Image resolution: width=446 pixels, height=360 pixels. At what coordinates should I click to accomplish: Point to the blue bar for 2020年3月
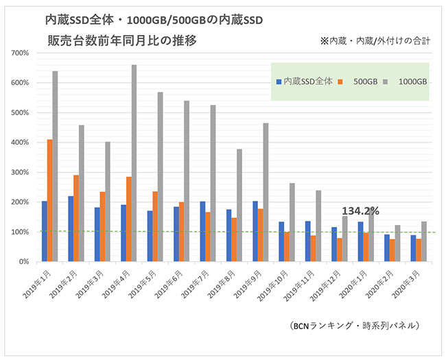click(x=414, y=248)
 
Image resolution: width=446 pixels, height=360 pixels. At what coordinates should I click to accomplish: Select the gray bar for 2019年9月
click(x=266, y=193)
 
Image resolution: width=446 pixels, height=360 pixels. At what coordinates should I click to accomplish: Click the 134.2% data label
click(x=360, y=211)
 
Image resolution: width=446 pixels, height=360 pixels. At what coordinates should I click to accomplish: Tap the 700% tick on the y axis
click(x=19, y=53)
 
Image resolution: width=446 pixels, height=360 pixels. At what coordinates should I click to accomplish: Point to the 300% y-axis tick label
click(x=19, y=172)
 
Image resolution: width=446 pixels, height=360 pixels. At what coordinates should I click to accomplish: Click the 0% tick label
click(x=23, y=262)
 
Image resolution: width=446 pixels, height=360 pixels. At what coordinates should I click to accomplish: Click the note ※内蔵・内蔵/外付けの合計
click(x=375, y=40)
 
